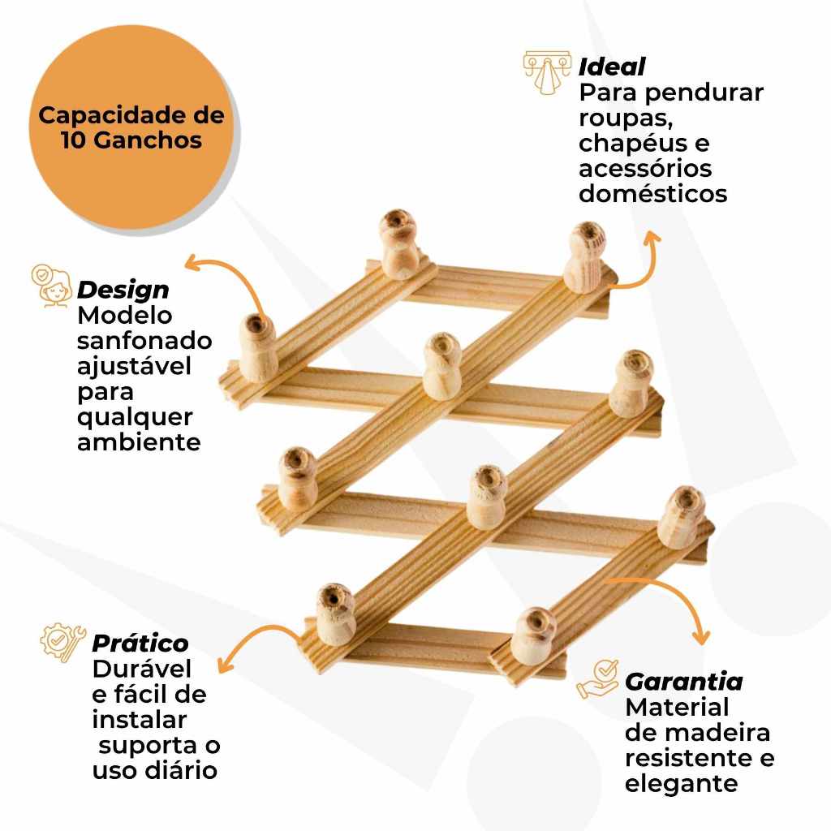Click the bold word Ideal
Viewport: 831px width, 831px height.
tap(612, 67)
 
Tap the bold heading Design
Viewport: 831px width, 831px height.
tap(123, 290)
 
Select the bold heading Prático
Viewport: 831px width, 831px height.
tap(140, 643)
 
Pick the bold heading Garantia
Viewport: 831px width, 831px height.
tap(683, 682)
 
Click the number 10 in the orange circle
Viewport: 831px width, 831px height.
tap(74, 140)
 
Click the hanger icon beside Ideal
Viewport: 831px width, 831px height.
tap(548, 72)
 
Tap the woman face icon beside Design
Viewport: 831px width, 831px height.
tap(51, 286)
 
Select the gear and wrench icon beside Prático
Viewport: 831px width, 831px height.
tap(63, 642)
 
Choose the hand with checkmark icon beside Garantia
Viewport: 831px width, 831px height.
tap(597, 679)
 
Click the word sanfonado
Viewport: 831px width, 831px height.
tap(144, 341)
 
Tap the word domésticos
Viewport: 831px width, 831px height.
tap(653, 193)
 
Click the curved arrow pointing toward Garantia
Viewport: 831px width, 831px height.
tap(673, 593)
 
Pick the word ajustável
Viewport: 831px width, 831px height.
tap(134, 367)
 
